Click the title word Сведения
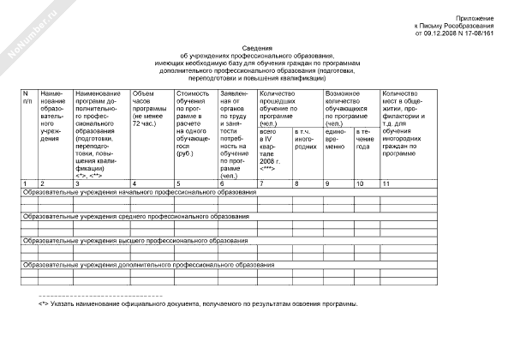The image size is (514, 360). (x=256, y=50)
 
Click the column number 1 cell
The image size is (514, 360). (x=27, y=183)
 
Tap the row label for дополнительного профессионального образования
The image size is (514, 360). (x=151, y=265)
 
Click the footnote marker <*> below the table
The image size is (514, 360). (x=44, y=304)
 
